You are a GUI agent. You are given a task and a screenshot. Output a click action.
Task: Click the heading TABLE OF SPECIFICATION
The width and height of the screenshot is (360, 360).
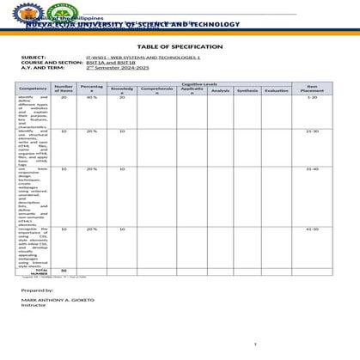[180, 46]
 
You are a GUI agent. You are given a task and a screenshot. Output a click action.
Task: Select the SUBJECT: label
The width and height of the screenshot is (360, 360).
[34, 58]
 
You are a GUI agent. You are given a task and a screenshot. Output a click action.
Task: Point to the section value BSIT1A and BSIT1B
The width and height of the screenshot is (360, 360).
[113, 63]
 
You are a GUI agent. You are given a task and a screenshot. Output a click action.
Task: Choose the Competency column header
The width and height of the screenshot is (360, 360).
[34, 88]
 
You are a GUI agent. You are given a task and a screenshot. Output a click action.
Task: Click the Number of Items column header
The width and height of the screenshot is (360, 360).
[64, 88]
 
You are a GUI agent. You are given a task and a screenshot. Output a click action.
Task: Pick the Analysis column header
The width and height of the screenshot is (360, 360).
[220, 90]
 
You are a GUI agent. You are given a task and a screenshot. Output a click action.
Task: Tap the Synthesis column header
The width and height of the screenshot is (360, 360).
[247, 90]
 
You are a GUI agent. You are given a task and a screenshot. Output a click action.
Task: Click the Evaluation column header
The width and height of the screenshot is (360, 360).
[277, 90]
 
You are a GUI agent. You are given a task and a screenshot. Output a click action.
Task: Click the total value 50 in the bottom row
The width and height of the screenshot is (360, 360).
[64, 270]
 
